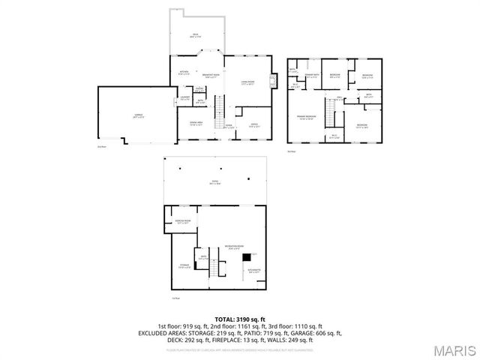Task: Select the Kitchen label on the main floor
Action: (184, 73)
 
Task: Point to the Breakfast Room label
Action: (211, 75)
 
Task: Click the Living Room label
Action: (247, 83)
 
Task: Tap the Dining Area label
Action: (196, 124)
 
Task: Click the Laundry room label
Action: (184, 97)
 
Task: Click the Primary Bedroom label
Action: (306, 118)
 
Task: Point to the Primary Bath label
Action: (313, 75)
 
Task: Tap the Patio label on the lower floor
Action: (215, 185)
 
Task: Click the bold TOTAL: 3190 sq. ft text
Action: (240, 319)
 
